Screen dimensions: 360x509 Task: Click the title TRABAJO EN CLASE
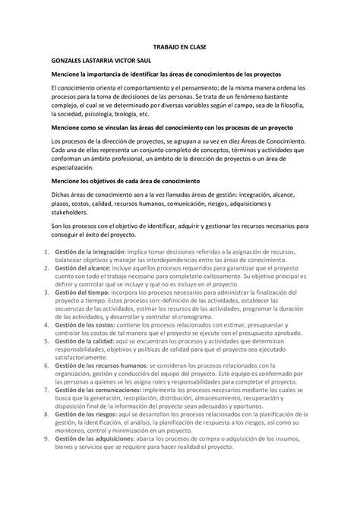click(x=179, y=46)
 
